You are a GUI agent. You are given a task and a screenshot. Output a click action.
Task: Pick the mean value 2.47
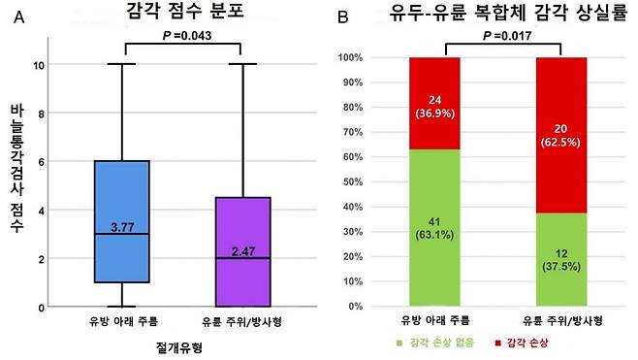pyautogui.click(x=241, y=251)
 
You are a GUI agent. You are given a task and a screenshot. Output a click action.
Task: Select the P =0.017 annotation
pyautogui.click(x=505, y=36)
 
